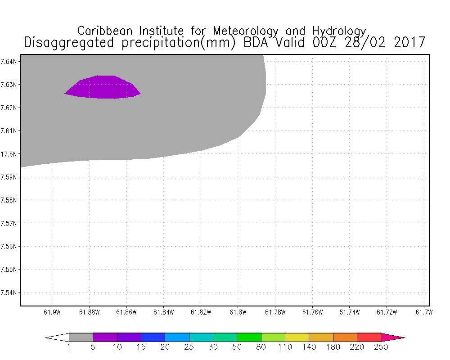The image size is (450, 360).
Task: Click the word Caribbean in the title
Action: (105, 31)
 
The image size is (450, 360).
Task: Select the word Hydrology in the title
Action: (337, 31)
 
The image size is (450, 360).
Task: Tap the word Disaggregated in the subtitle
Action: (70, 43)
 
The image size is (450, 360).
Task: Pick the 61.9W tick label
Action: (52, 312)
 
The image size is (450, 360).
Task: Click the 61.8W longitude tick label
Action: (237, 312)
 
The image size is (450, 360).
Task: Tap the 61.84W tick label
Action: (163, 312)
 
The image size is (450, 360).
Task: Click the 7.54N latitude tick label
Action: (9, 292)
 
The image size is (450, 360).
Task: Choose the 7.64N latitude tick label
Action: (9, 61)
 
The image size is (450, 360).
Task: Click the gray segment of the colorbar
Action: (81, 337)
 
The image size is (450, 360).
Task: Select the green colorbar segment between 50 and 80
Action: (249, 337)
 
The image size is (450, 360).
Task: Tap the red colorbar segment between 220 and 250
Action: (369, 337)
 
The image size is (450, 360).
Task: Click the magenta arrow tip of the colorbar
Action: (391, 337)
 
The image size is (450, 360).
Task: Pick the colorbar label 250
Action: (381, 347)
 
